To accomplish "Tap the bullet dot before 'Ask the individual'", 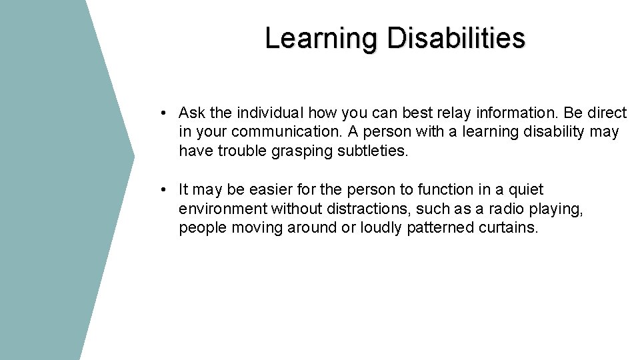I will pyautogui.click(x=163, y=113).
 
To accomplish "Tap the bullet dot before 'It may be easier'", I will pyautogui.click(x=163, y=190).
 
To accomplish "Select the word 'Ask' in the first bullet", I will pyautogui.click(x=192, y=113).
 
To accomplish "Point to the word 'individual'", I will pyautogui.click(x=270, y=113).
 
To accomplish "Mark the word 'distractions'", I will pyautogui.click(x=364, y=209).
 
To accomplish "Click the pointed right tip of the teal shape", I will pyautogui.click(x=133, y=157).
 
